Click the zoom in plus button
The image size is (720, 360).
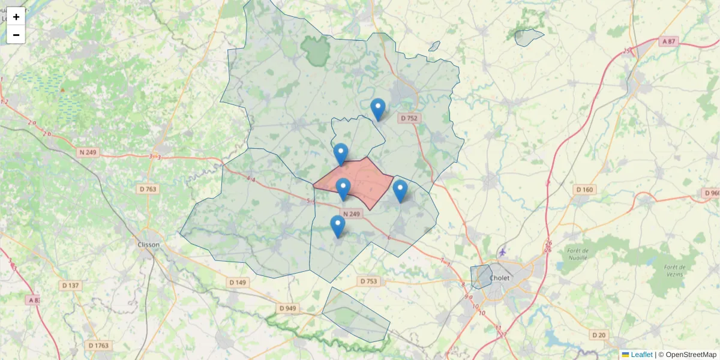16,17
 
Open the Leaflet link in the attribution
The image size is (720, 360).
641,355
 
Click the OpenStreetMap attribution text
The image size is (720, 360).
691,355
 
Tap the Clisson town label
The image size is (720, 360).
148,245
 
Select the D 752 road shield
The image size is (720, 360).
408,118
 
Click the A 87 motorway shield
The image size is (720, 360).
668,41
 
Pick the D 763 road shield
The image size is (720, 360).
148,189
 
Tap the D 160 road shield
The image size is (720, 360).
584,190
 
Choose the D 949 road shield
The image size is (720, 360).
288,308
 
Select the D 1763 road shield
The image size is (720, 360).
99,346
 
